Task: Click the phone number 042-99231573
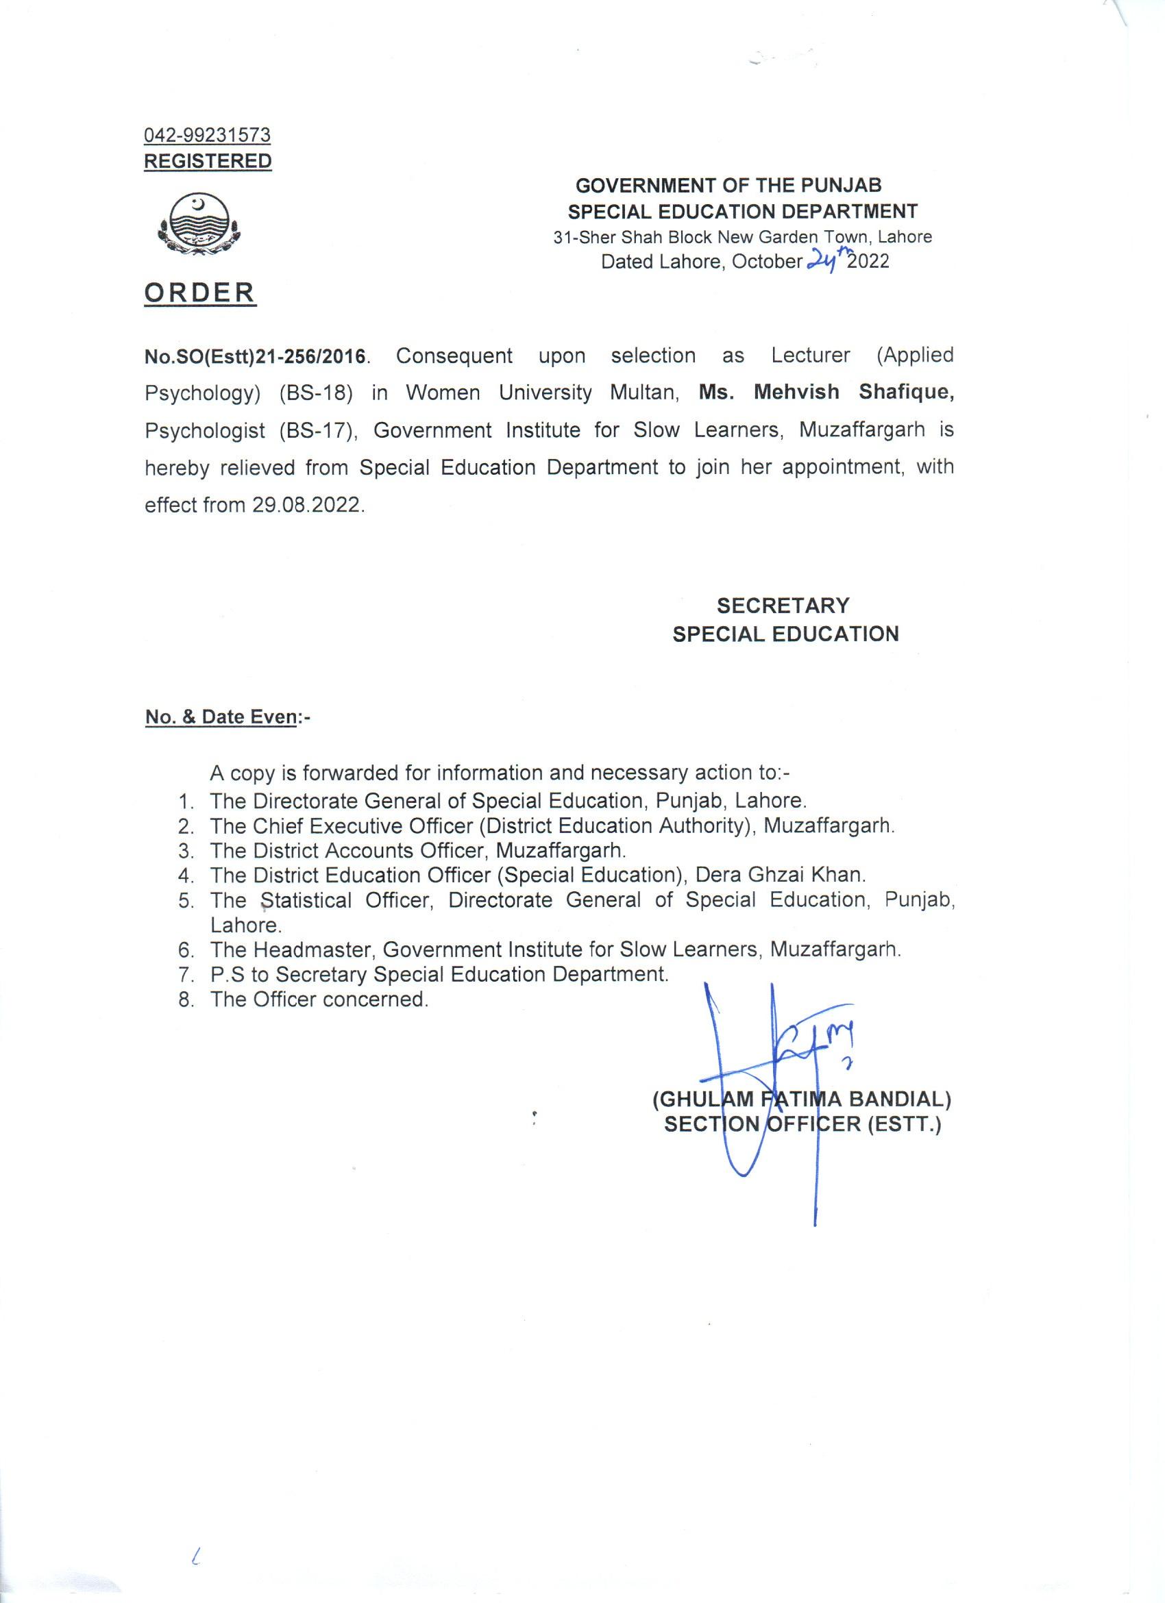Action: pos(207,134)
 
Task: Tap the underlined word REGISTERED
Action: pos(207,161)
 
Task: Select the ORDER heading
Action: pos(200,292)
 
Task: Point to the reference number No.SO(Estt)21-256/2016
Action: pos(256,356)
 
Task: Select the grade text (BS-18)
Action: pos(315,393)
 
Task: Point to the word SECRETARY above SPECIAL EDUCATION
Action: pos(783,606)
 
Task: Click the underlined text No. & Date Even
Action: pos(221,717)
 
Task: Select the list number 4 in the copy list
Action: pos(185,875)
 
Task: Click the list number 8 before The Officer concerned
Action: pos(185,999)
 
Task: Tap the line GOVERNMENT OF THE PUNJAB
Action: pos(729,186)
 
